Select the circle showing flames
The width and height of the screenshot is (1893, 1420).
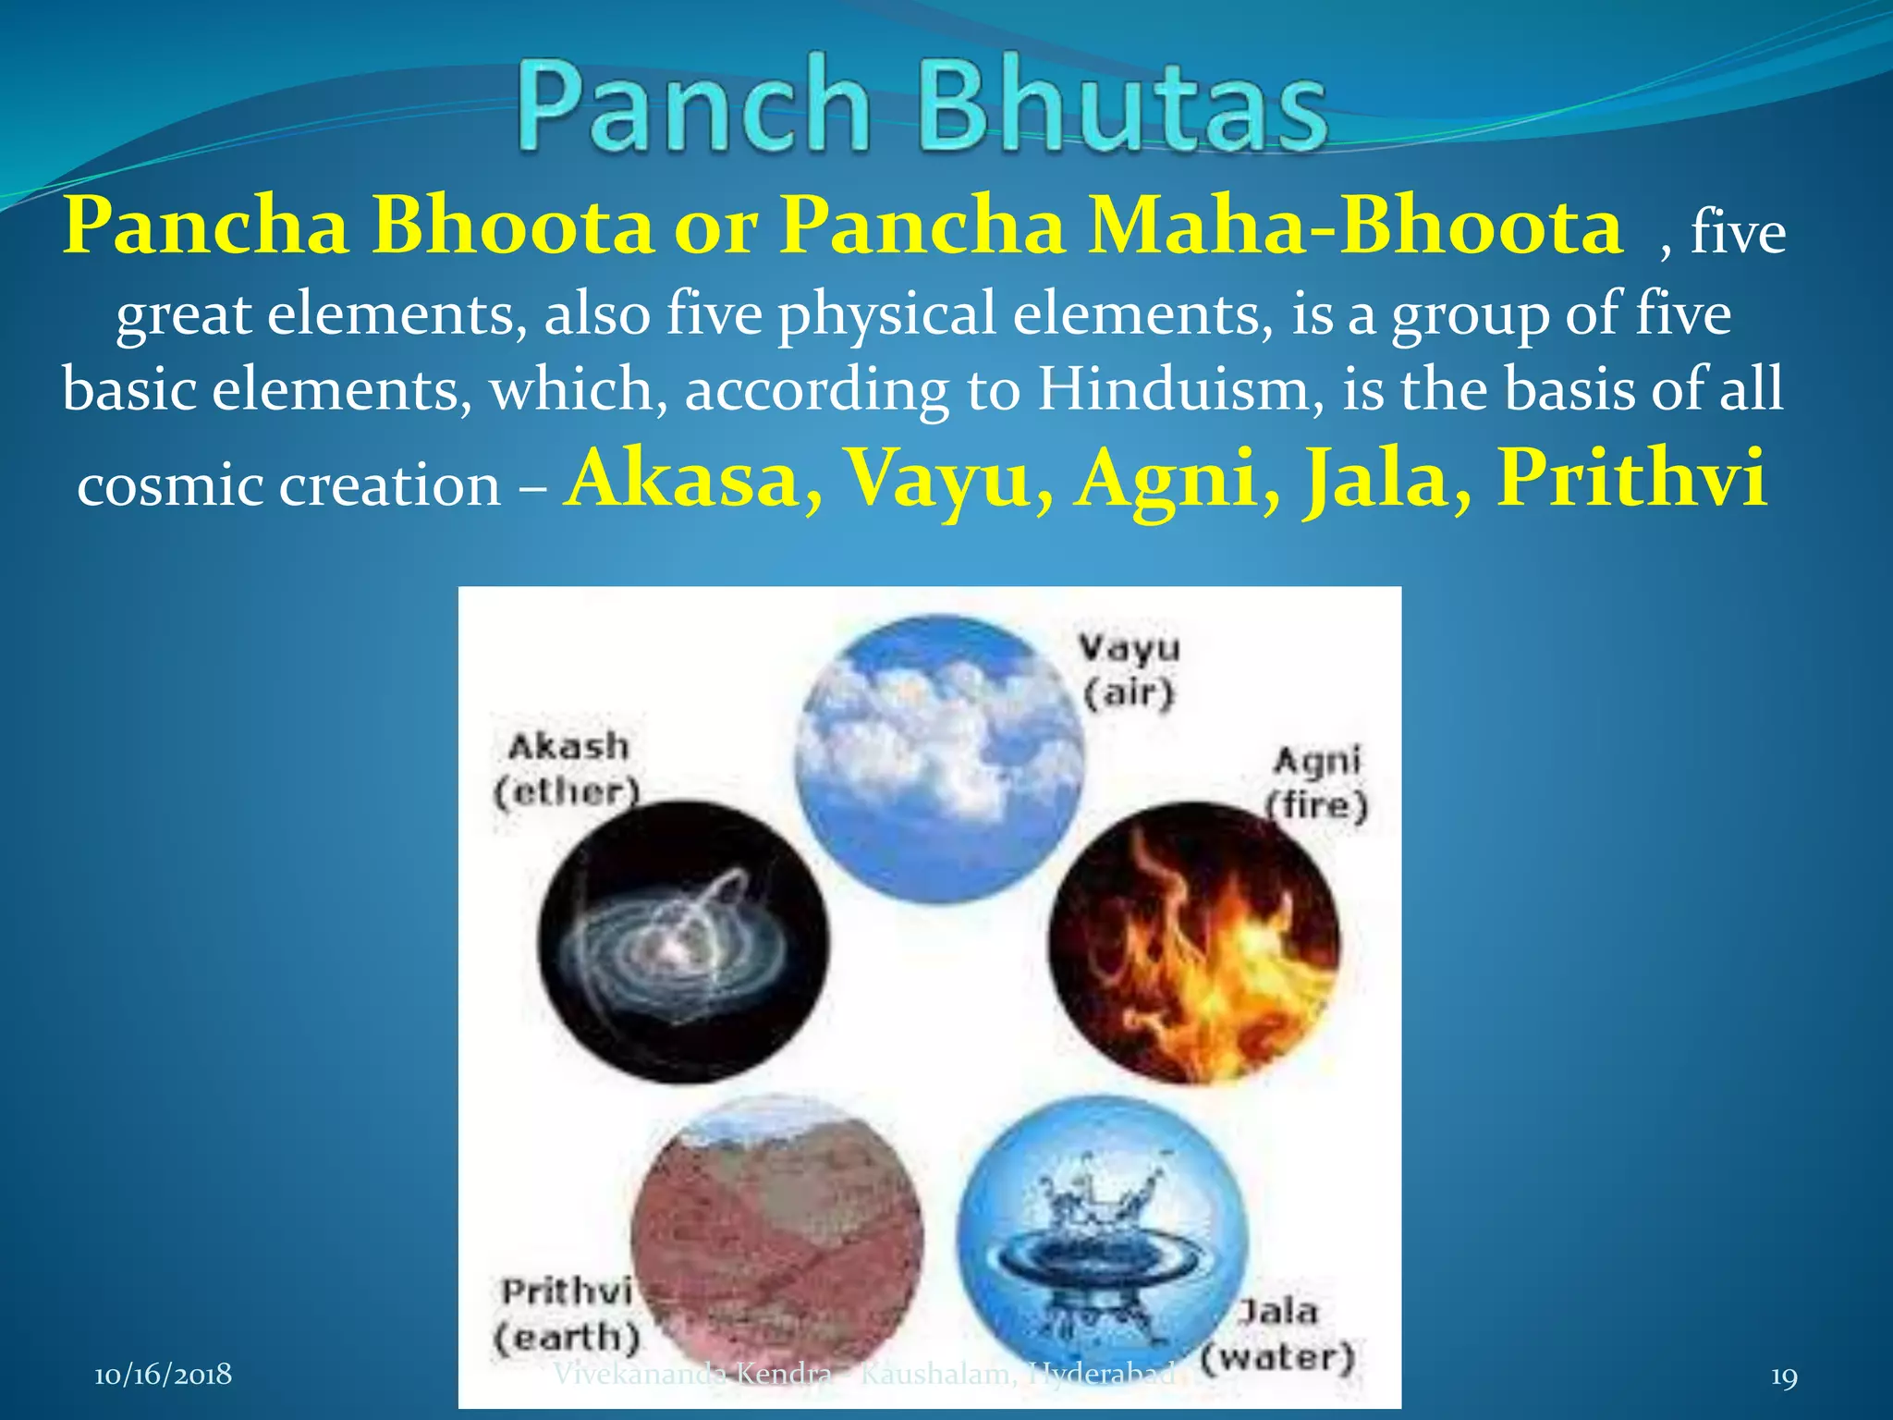point(1193,943)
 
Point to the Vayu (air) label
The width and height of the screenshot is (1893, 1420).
point(1129,669)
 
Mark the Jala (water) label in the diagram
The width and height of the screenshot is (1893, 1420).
point(1279,1336)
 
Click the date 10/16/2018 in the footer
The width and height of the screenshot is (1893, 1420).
point(163,1375)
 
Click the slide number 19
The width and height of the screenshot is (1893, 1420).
point(1784,1377)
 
